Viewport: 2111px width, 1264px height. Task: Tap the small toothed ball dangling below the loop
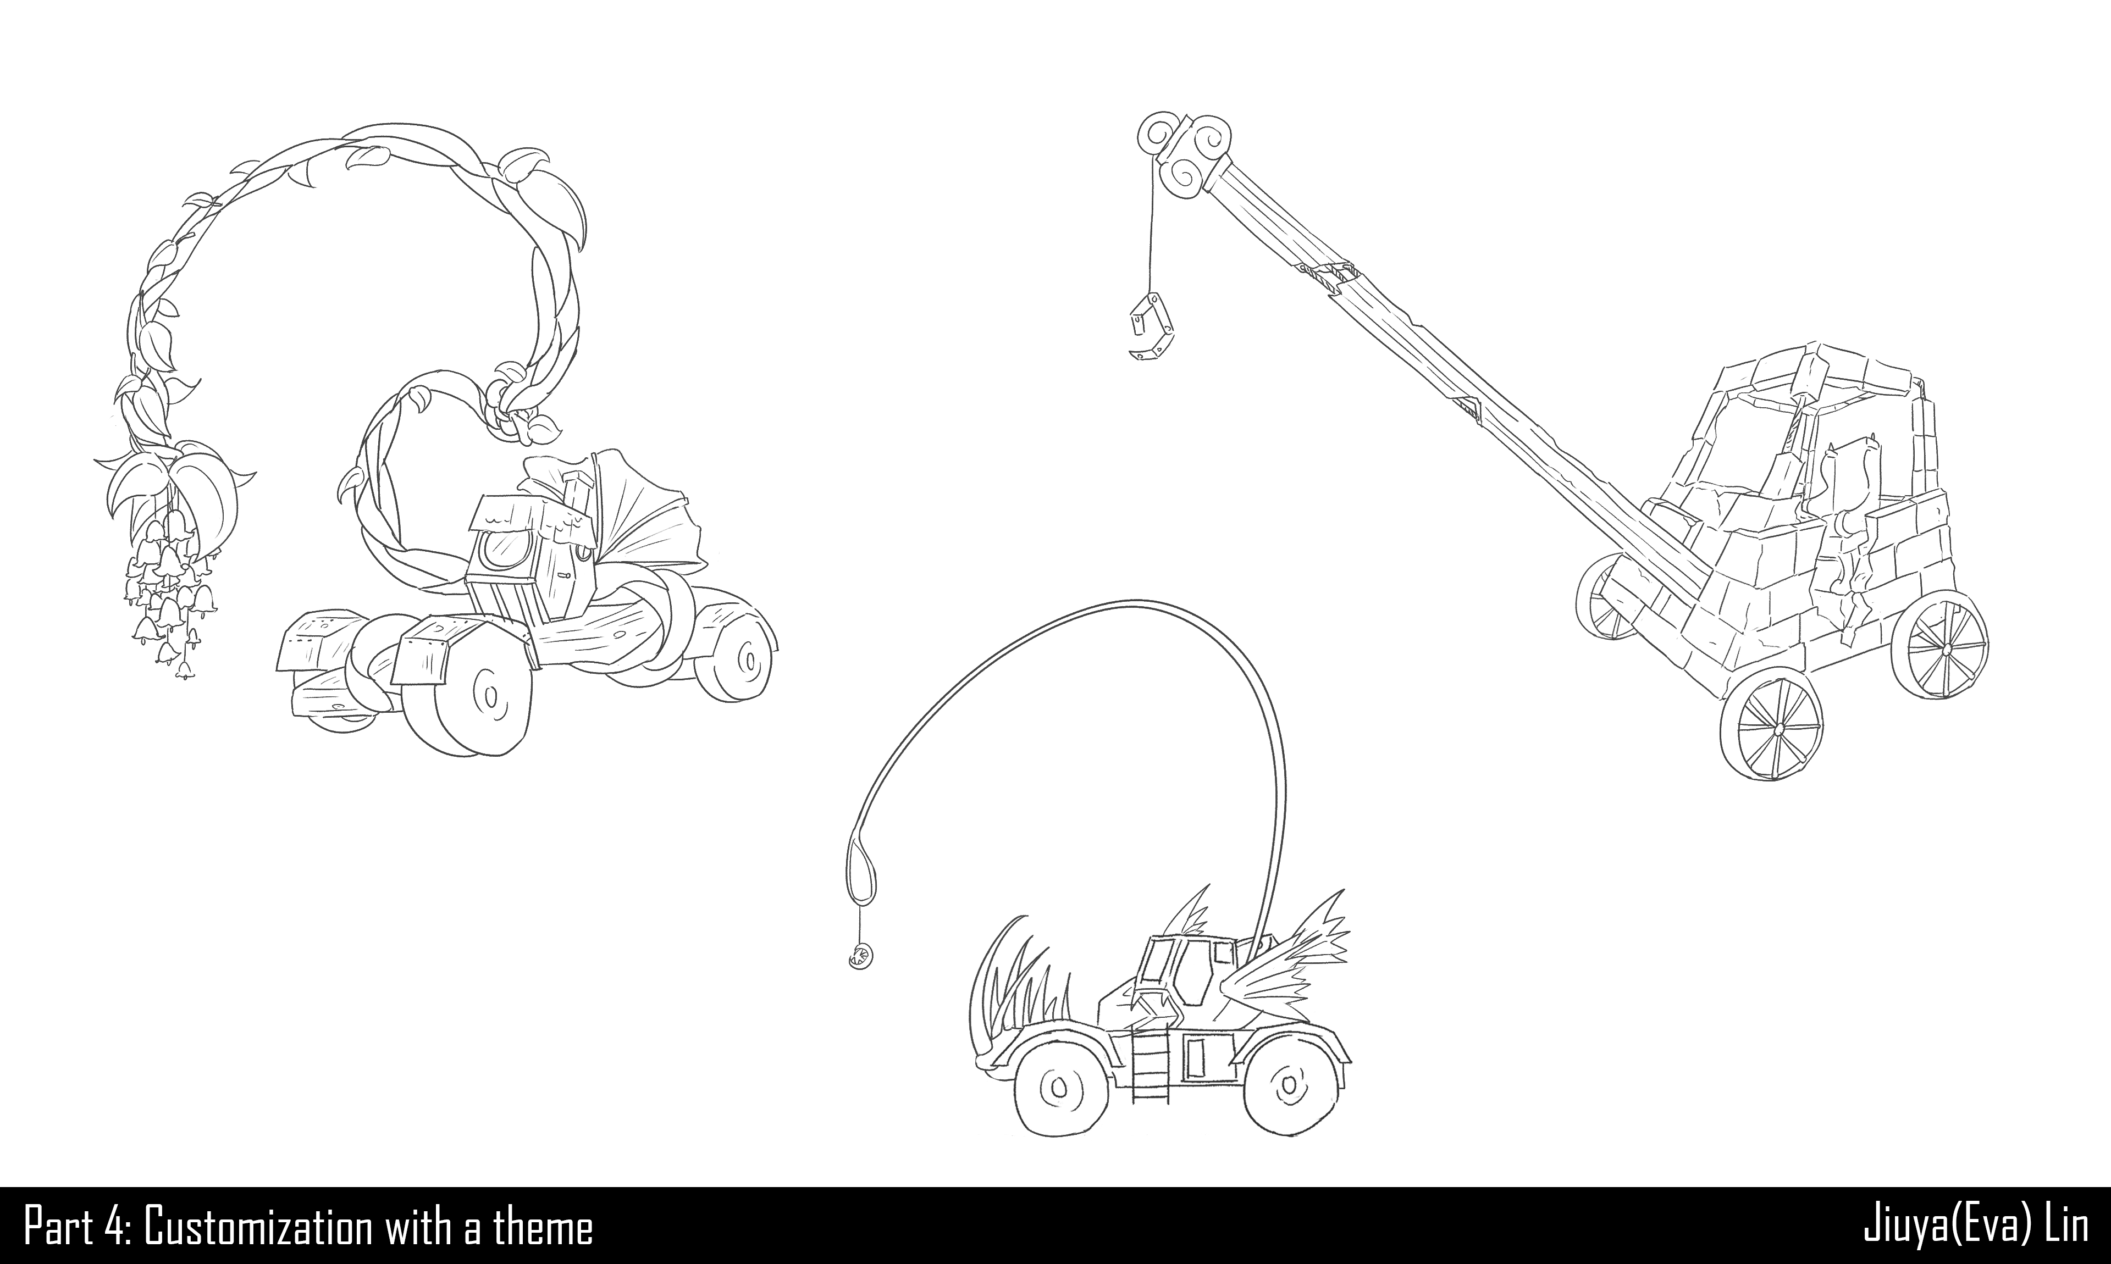coord(859,956)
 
